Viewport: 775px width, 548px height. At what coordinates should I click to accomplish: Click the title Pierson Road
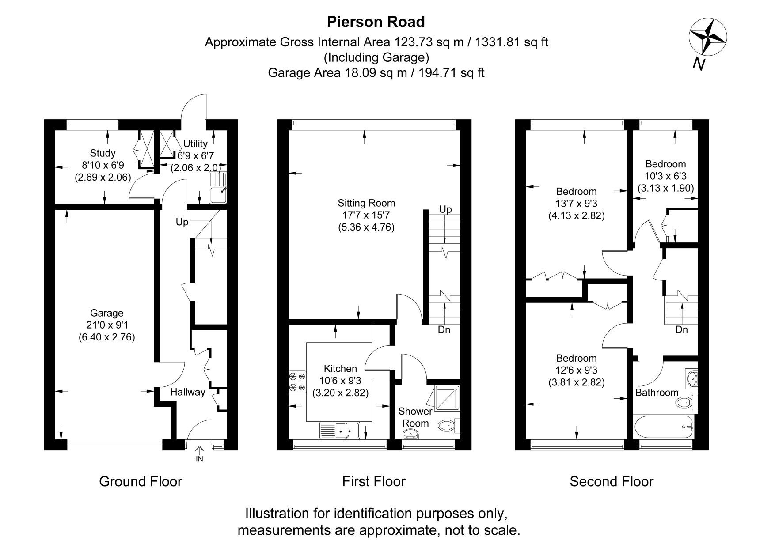(376, 22)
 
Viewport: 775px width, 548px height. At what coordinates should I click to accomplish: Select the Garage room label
(106, 313)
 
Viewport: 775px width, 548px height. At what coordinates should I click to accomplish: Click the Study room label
(103, 153)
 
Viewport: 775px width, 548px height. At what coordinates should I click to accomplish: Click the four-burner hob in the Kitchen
(297, 382)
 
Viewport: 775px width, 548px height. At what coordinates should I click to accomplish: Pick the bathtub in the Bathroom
(664, 427)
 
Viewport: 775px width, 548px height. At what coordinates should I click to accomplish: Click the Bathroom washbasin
(691, 378)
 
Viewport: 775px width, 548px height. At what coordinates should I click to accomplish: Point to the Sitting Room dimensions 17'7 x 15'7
(366, 215)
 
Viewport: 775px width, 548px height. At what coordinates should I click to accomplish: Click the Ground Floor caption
(141, 481)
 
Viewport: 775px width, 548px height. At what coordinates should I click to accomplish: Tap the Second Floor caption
(611, 481)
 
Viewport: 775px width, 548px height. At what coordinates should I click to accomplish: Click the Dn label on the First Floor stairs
(444, 329)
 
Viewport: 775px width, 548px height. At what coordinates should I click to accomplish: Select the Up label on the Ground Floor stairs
(182, 222)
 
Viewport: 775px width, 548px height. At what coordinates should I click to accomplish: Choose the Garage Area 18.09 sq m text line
(376, 72)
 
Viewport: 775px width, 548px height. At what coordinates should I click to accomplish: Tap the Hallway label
(188, 392)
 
